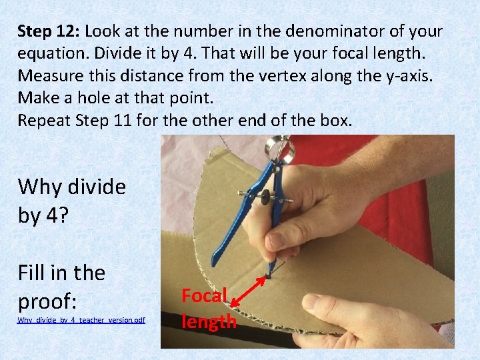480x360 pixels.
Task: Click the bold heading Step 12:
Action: (49, 31)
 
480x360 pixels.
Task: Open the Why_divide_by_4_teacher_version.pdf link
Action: (81, 320)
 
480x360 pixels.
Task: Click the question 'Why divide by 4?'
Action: (72, 201)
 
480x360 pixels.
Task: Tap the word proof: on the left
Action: (47, 301)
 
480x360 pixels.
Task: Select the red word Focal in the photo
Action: (204, 295)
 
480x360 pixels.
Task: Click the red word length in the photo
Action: (209, 323)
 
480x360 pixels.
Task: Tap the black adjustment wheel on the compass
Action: (265, 197)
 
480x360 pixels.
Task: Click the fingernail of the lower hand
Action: (310, 301)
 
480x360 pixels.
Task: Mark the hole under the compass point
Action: (268, 277)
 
